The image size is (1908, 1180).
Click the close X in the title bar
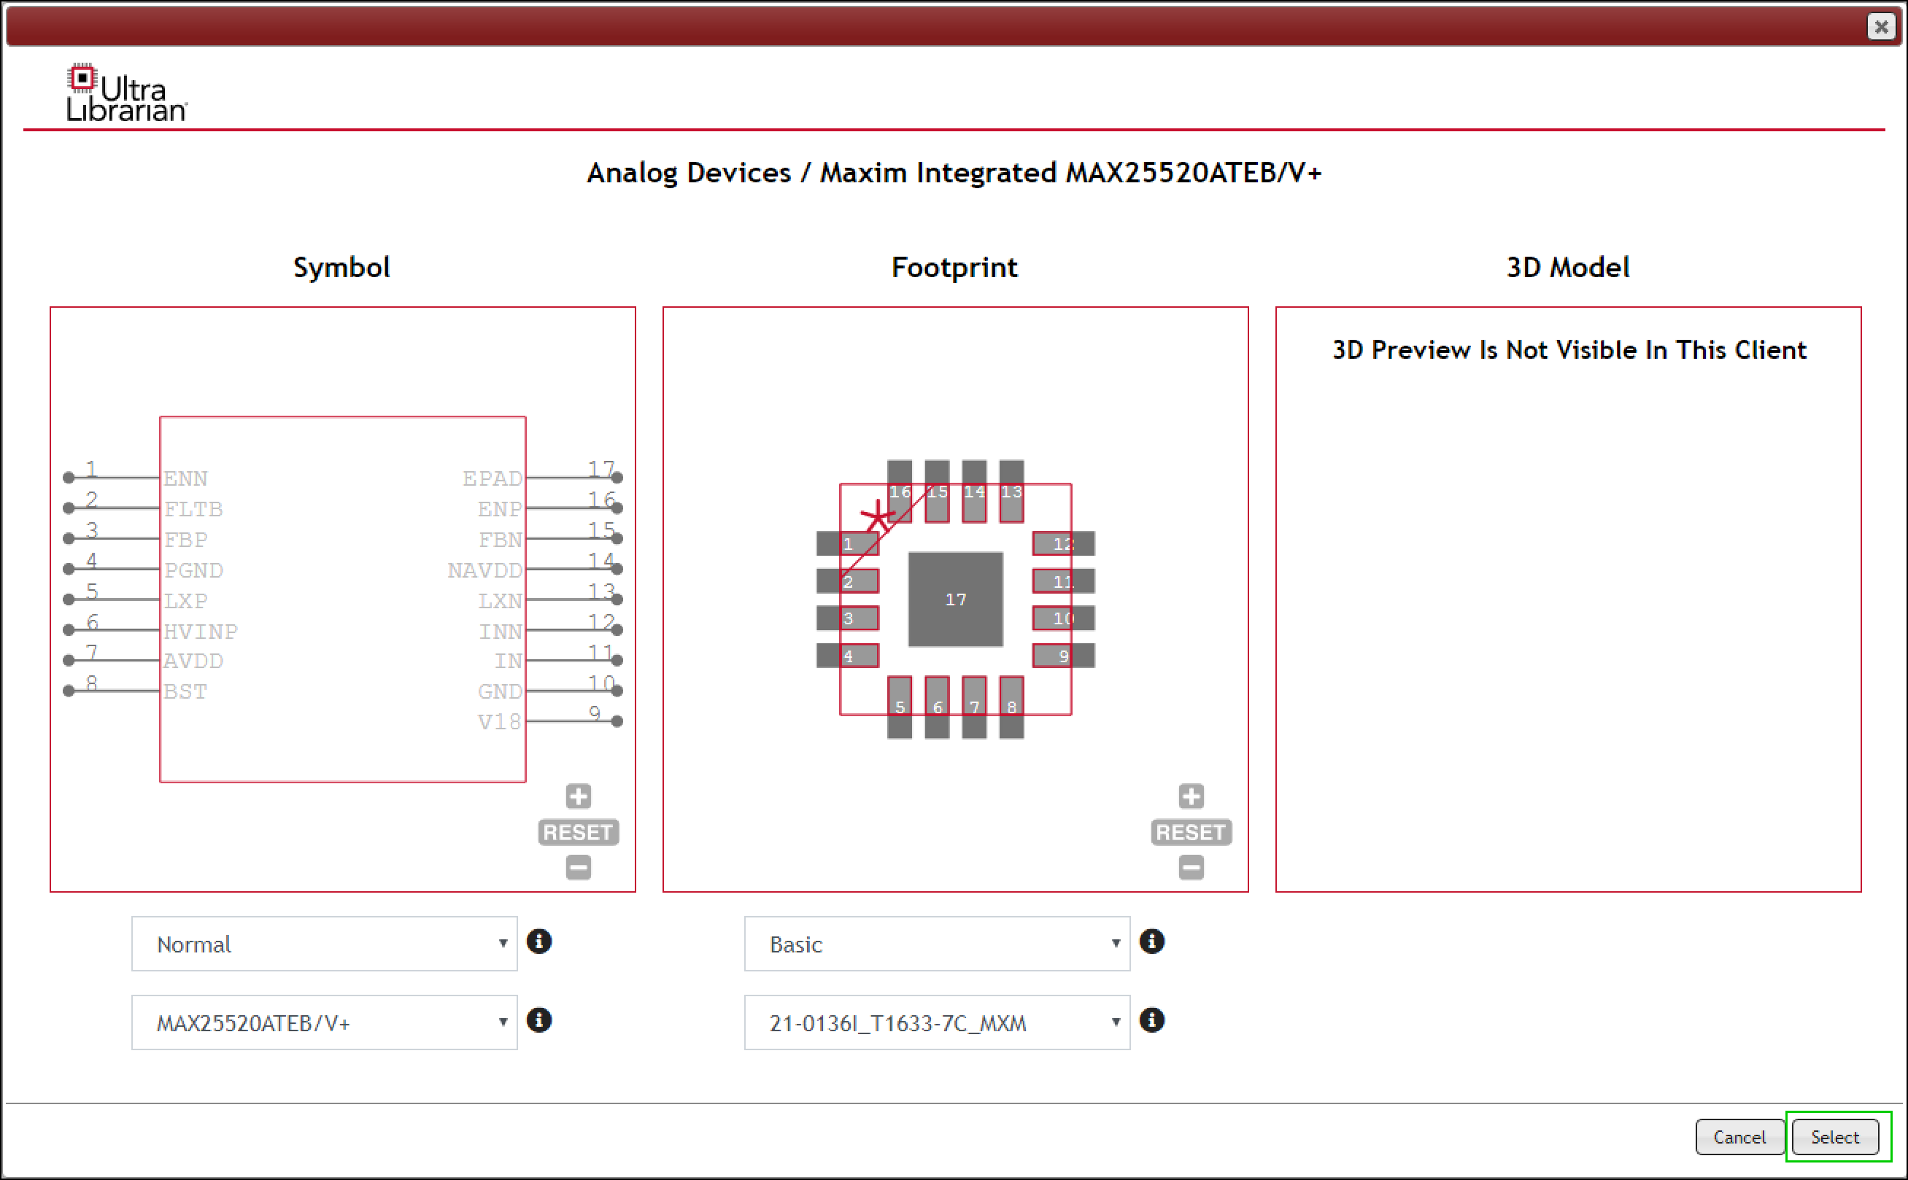coord(1881,26)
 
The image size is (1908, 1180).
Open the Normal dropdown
coord(324,944)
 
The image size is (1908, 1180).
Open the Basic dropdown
coord(936,944)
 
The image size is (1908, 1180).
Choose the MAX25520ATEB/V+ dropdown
coord(324,1022)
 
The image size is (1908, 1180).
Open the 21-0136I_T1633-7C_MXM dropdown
coord(936,1022)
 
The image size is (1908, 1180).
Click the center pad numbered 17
coord(955,599)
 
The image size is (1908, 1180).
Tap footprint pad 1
coord(847,543)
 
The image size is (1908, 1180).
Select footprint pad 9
coord(1062,656)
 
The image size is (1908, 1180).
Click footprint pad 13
coord(1011,492)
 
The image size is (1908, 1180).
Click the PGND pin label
coord(193,570)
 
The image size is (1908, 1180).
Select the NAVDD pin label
coord(484,570)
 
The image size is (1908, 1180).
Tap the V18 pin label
coord(499,722)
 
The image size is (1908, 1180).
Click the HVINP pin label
coord(201,632)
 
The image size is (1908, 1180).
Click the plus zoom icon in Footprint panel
coord(1191,796)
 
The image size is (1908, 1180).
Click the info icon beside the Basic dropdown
coord(1151,942)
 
